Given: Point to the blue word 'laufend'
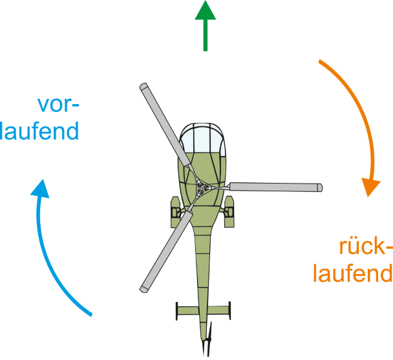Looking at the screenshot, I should [x=40, y=131].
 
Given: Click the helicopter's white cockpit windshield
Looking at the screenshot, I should [x=203, y=140].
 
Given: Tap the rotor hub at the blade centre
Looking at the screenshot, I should [x=202, y=188].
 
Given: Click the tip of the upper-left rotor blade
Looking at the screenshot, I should [x=144, y=87].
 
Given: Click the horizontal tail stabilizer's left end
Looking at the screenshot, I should [x=177, y=311].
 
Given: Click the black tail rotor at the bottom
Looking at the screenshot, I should [x=207, y=346].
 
